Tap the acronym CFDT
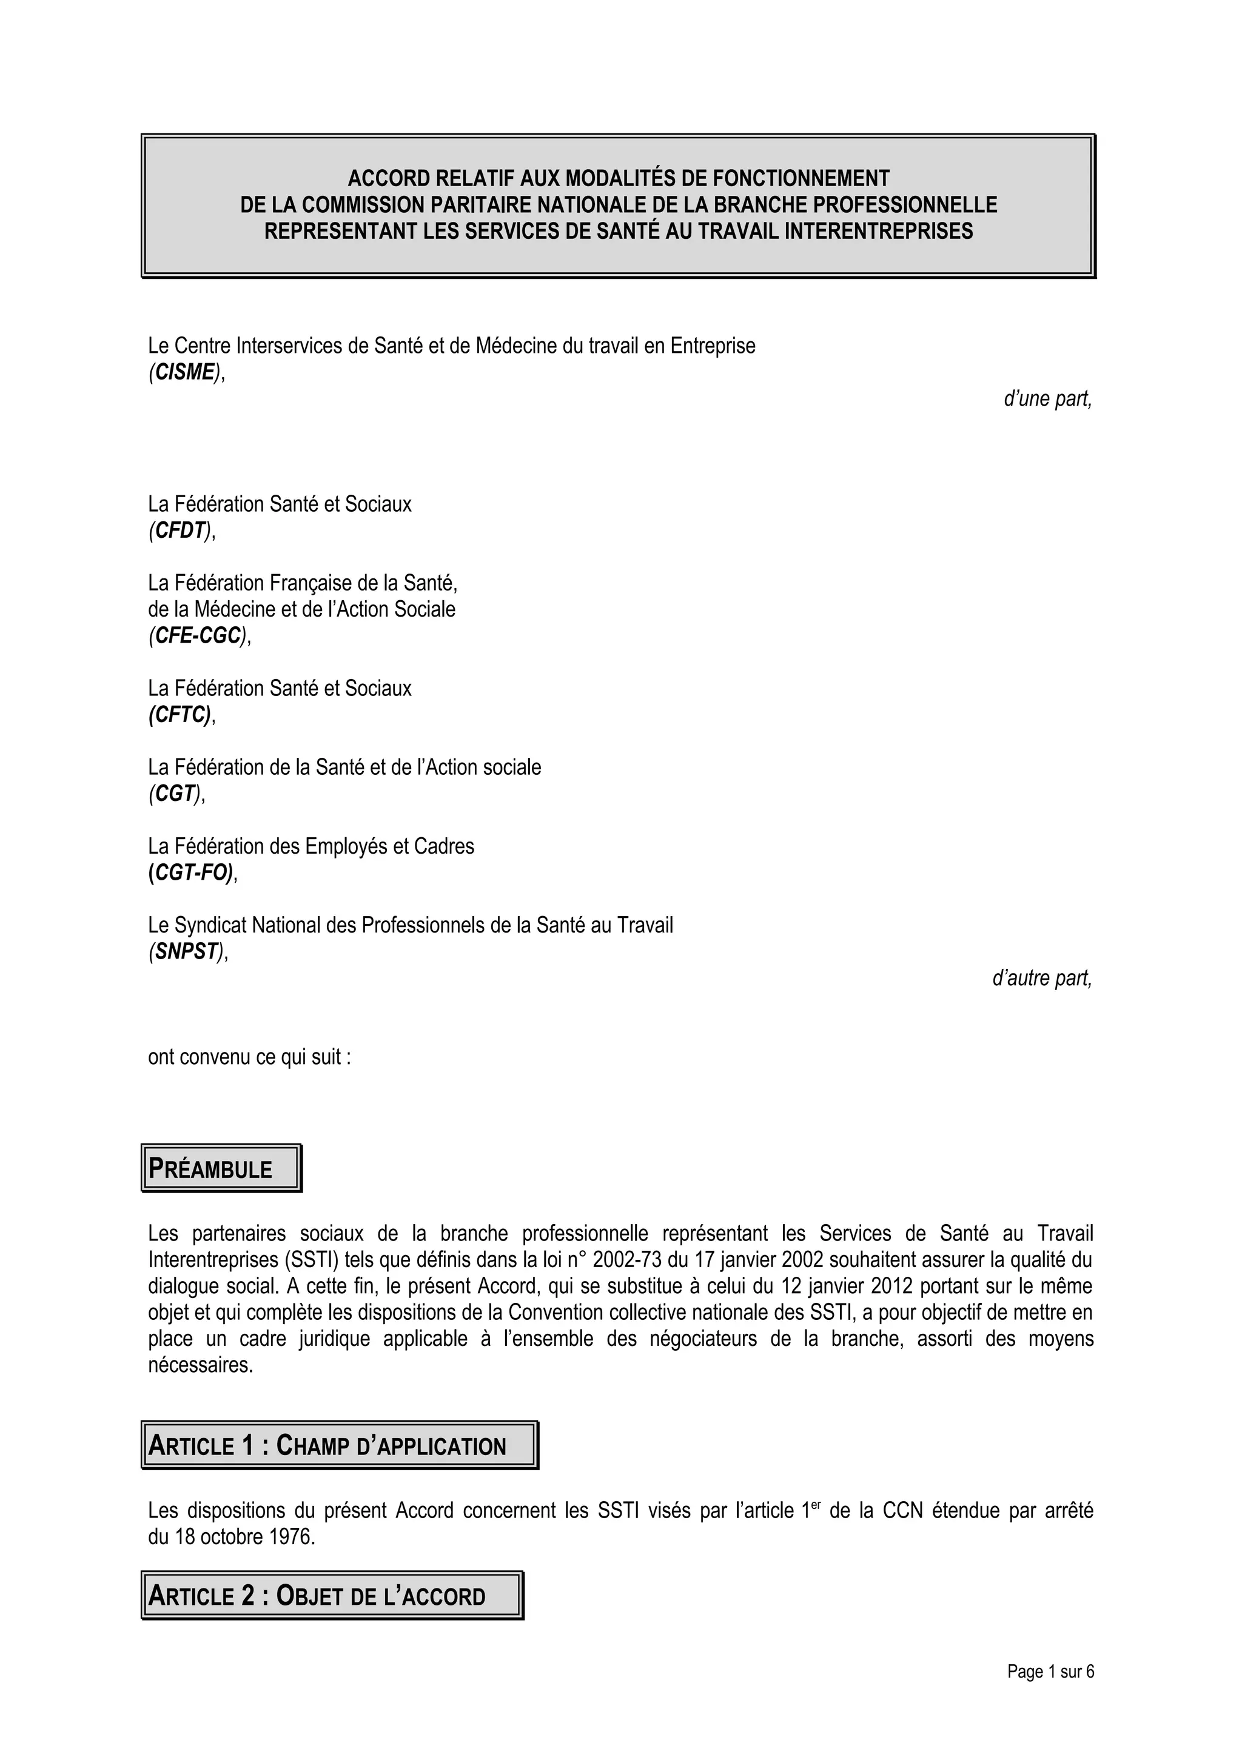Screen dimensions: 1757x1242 pyautogui.click(x=181, y=530)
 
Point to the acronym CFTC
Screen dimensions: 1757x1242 pyautogui.click(x=181, y=715)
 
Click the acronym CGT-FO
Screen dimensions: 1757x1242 pyautogui.click(x=191, y=872)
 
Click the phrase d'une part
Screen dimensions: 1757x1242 pyautogui.click(x=1047, y=399)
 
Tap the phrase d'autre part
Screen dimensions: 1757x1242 pyautogui.click(x=1041, y=978)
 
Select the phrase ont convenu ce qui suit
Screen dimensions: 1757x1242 pyautogui.click(x=249, y=1057)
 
